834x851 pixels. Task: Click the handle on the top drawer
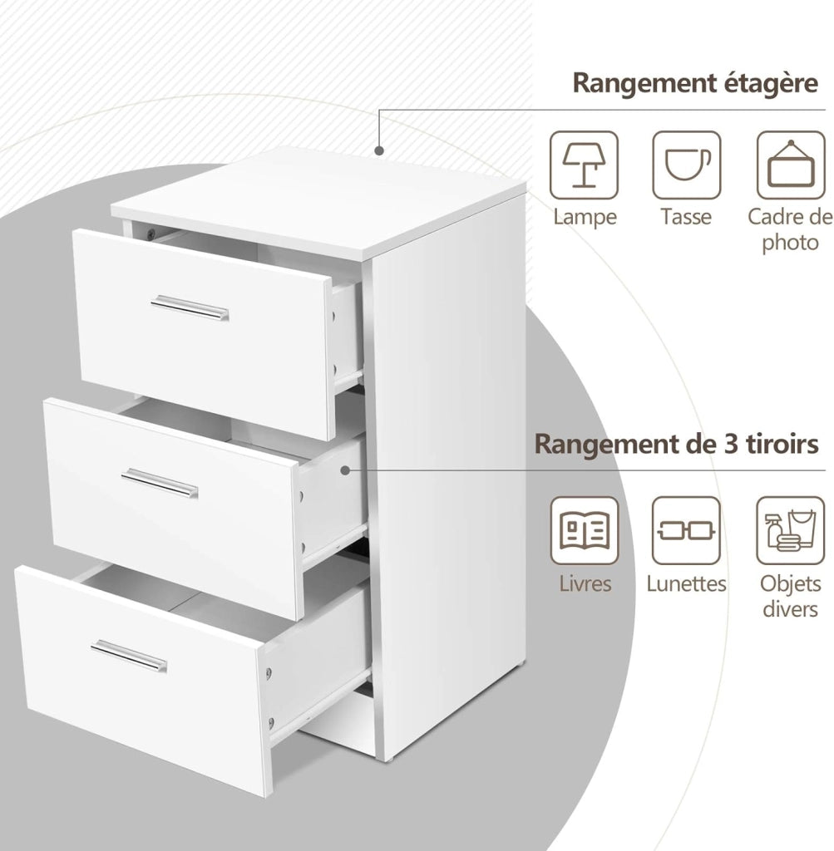click(x=190, y=307)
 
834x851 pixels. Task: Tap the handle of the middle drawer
click(x=160, y=483)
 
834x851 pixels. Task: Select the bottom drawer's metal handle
click(x=129, y=656)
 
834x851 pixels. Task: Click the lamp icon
click(x=584, y=165)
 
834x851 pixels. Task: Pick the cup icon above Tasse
click(x=687, y=165)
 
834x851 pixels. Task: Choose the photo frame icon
click(x=791, y=165)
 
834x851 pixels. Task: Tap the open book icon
click(x=585, y=530)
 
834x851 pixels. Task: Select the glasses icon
click(x=686, y=530)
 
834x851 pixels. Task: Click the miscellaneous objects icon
click(x=791, y=530)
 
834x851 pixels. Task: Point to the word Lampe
click(x=585, y=217)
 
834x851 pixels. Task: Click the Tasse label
click(x=686, y=217)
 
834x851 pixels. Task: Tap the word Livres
click(x=585, y=583)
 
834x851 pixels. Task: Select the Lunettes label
click(x=686, y=583)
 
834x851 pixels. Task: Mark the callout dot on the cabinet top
click(x=379, y=150)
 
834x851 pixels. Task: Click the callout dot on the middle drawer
click(x=345, y=470)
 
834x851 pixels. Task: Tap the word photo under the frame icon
click(x=791, y=243)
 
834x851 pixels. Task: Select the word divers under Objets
click(x=790, y=609)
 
